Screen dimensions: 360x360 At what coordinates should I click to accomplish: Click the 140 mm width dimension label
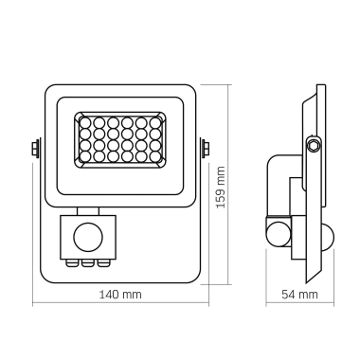tap(120, 296)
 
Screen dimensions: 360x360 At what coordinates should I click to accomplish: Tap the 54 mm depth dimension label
tap(301, 296)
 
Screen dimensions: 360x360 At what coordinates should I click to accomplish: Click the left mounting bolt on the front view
tap(36, 148)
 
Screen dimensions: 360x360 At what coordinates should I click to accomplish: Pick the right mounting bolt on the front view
tap(206, 148)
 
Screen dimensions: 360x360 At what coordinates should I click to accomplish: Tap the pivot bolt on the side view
tap(313, 144)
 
